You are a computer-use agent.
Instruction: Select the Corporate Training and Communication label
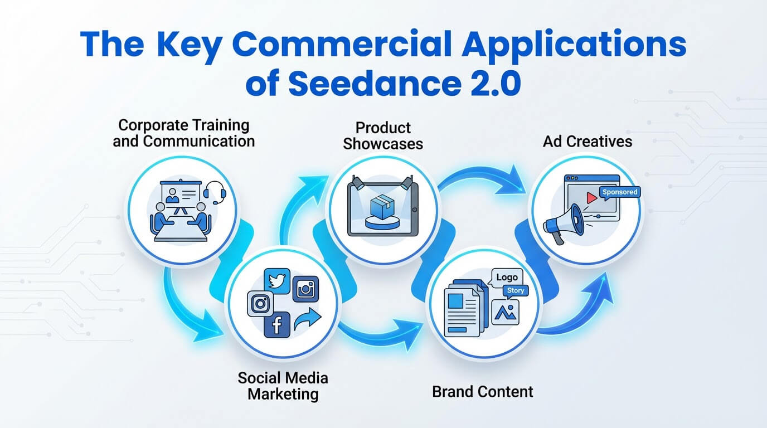pyautogui.click(x=183, y=133)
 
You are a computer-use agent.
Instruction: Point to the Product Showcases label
pyautogui.click(x=383, y=135)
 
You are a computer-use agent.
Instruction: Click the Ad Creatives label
pyautogui.click(x=588, y=141)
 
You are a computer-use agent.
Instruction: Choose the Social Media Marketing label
pyautogui.click(x=283, y=386)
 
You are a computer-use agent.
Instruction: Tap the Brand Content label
pyautogui.click(x=483, y=391)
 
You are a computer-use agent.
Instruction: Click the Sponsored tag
pyautogui.click(x=619, y=192)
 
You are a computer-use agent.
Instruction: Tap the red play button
pyautogui.click(x=592, y=198)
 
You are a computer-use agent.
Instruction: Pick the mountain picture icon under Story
pyautogui.click(x=506, y=312)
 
